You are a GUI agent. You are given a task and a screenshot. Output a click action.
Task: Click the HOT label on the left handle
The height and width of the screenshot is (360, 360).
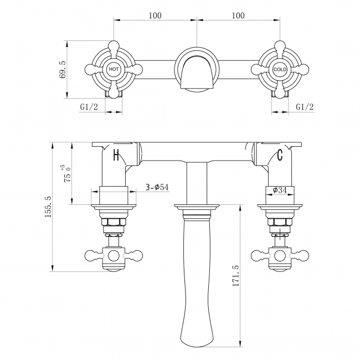click(x=114, y=69)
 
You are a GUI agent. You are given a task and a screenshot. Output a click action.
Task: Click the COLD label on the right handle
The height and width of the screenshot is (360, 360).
click(x=280, y=69)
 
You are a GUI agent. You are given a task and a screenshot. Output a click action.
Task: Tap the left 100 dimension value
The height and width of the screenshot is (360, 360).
click(x=155, y=16)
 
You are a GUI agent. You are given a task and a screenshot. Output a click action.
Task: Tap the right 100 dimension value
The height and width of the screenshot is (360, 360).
click(x=238, y=16)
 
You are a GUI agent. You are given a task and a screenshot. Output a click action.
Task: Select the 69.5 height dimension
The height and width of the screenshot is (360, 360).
click(x=62, y=70)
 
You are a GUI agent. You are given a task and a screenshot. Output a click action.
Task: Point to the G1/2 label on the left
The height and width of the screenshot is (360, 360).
click(x=89, y=106)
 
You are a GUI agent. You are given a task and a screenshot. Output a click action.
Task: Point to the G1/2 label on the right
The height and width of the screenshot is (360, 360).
click(x=305, y=106)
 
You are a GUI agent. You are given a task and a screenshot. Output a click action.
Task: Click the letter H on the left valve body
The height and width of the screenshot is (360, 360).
click(x=116, y=155)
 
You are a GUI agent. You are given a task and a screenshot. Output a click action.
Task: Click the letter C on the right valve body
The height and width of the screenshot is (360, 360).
click(x=280, y=155)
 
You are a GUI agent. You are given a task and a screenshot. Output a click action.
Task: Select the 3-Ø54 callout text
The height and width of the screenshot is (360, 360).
click(x=157, y=187)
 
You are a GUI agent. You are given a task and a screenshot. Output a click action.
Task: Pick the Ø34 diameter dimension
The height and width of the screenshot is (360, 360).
click(x=280, y=191)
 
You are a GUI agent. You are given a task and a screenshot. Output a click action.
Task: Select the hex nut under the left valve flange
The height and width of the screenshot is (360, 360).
click(x=114, y=223)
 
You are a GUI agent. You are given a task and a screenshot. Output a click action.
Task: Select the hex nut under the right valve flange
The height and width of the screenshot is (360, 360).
click(x=280, y=223)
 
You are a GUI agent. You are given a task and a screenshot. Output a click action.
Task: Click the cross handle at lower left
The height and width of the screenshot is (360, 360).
click(x=114, y=256)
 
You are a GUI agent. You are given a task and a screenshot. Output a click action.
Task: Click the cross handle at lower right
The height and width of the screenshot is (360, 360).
click(x=280, y=256)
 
